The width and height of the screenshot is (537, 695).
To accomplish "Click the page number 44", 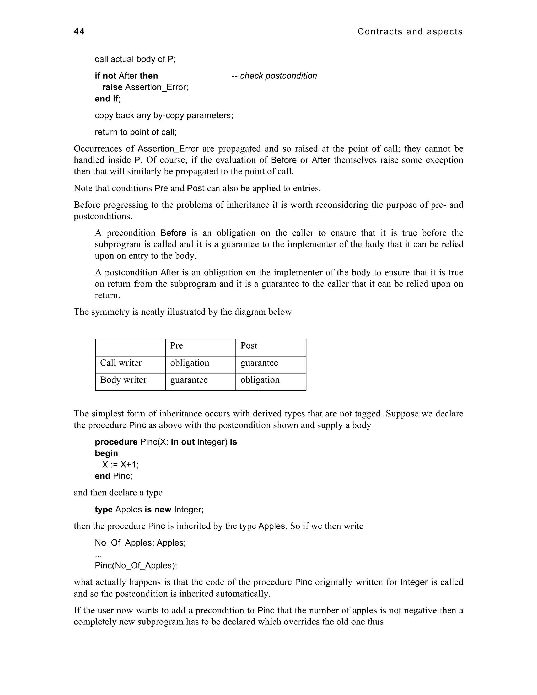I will point(79,31).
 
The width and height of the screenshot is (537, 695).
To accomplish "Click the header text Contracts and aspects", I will point(410,31).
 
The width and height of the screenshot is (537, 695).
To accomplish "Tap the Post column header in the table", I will point(249,346).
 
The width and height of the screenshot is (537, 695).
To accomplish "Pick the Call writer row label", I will point(121,363).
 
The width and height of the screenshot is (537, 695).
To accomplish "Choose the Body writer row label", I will point(123,380).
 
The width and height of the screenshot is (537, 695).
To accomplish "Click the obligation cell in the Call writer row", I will point(190,363).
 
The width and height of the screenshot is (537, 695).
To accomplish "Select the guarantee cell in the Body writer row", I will point(189,380).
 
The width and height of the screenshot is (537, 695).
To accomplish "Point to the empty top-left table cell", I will point(130,347).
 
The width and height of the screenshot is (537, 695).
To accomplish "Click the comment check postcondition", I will point(274,76).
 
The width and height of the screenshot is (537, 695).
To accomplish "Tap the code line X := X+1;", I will point(120,465).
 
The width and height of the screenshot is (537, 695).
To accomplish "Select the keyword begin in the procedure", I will point(106,453).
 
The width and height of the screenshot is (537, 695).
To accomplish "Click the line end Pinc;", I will point(113,476).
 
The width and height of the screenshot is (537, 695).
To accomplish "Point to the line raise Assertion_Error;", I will point(145,87).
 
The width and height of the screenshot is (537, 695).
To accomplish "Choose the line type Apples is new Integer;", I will point(149,510).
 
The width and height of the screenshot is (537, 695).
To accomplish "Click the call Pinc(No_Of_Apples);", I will point(136,565).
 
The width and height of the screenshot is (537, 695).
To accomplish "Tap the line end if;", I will point(108,99).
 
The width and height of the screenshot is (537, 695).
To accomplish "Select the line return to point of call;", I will point(136,132).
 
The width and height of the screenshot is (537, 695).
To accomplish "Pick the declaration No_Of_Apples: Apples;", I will point(140,543).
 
